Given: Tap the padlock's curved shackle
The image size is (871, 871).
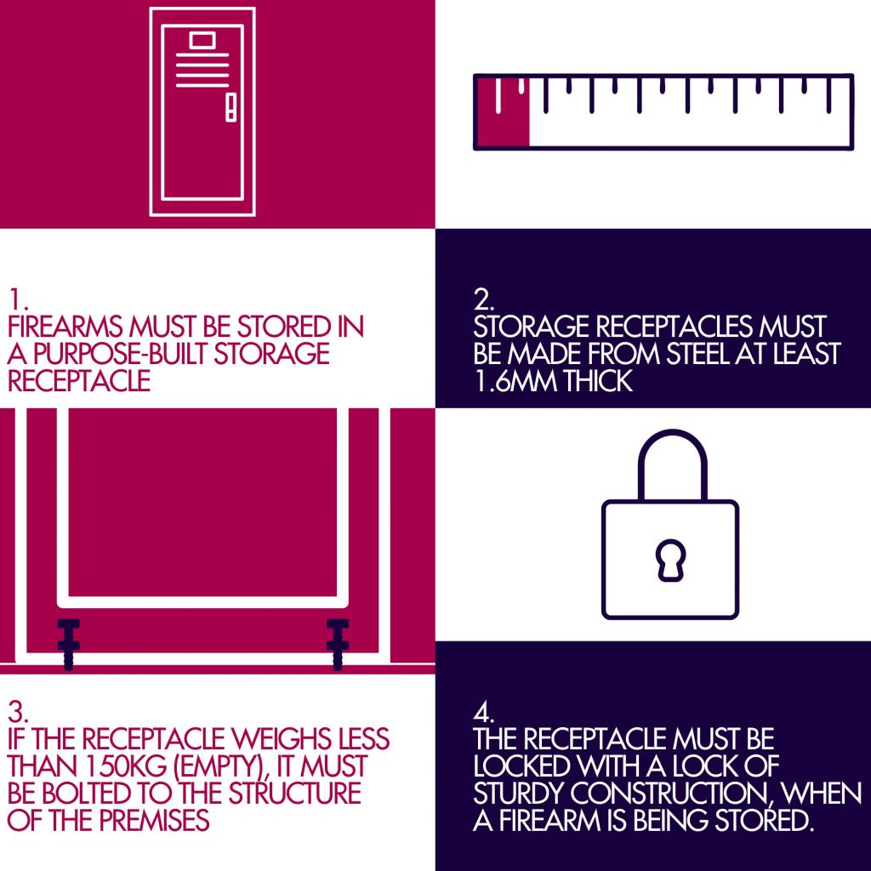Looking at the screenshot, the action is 672,439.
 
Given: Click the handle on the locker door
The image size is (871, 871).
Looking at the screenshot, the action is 231,107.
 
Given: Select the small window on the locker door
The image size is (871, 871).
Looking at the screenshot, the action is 202,41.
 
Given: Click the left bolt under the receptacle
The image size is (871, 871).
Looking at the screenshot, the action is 68,645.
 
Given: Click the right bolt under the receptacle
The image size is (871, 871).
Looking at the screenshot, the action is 337,645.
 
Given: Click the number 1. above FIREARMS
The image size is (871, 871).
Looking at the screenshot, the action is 17,300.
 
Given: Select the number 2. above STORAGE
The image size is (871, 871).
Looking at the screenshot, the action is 484,300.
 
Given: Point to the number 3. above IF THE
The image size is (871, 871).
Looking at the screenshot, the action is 19,712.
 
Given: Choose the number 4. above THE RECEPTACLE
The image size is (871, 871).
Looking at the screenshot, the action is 484,712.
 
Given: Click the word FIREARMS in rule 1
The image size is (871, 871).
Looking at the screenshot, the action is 65,327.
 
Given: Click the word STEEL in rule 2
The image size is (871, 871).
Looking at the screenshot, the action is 697,354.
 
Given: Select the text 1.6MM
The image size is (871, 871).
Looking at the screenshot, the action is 516,381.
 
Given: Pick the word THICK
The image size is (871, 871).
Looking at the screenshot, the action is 598,381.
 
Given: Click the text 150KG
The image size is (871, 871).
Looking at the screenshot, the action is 126,766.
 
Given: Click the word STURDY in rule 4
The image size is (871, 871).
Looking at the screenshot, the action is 519,794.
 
